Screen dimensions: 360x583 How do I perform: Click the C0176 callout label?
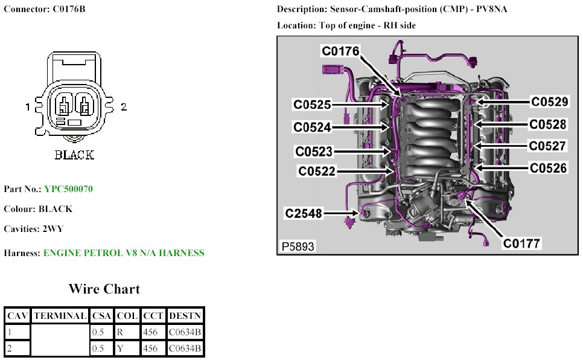coord(340,52)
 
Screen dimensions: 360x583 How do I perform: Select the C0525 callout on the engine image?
coord(312,104)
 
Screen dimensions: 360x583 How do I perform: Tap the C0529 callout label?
coord(549,102)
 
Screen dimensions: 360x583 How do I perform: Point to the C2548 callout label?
coord(304,213)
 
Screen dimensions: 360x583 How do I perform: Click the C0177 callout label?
coord(523,243)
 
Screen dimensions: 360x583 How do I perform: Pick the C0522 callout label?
coord(317,172)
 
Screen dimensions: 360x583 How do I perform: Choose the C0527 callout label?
coord(547,146)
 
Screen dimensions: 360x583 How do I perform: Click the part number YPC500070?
coord(68,189)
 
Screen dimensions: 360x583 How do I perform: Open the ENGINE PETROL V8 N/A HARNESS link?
coord(124,253)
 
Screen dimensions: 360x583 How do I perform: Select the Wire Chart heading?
coord(104,289)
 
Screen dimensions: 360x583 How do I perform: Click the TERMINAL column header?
coord(60,315)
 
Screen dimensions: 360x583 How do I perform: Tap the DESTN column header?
coord(185,315)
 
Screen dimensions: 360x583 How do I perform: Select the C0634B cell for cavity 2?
coord(185,349)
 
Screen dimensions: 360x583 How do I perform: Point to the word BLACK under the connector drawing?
coord(74,155)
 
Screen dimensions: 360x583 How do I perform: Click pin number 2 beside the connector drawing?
coord(124,108)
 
